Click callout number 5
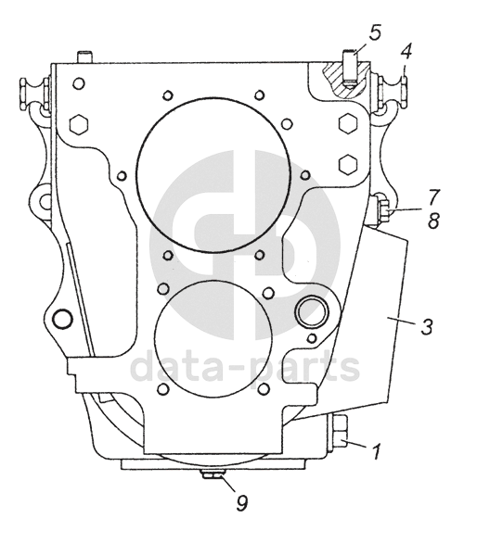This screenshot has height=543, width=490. click(x=374, y=32)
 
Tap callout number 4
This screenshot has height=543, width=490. click(x=406, y=52)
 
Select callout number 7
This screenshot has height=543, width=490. click(x=433, y=197)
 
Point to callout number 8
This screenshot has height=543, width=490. click(x=433, y=221)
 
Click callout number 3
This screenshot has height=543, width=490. click(x=427, y=326)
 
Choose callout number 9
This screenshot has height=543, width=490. click(x=242, y=502)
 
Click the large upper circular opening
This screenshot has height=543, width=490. click(x=213, y=174)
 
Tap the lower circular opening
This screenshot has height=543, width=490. click(x=212, y=339)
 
